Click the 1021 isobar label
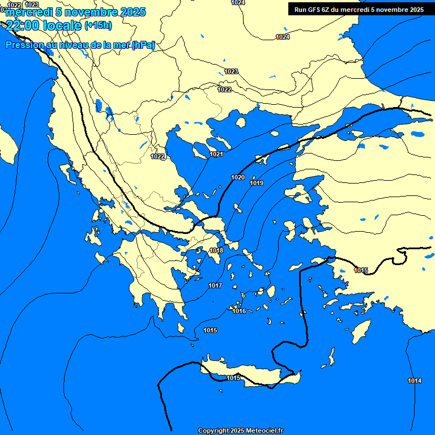coord(216,155)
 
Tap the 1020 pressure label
coord(238,178)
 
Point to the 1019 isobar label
coord(257,184)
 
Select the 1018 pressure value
coord(216,251)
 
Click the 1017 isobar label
coord(215,286)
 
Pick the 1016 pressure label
coord(239,311)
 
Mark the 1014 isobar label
coord(415,381)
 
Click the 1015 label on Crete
coord(233,378)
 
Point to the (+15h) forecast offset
coord(98,25)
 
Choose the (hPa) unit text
coord(143,45)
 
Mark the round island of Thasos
coord(241,122)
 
